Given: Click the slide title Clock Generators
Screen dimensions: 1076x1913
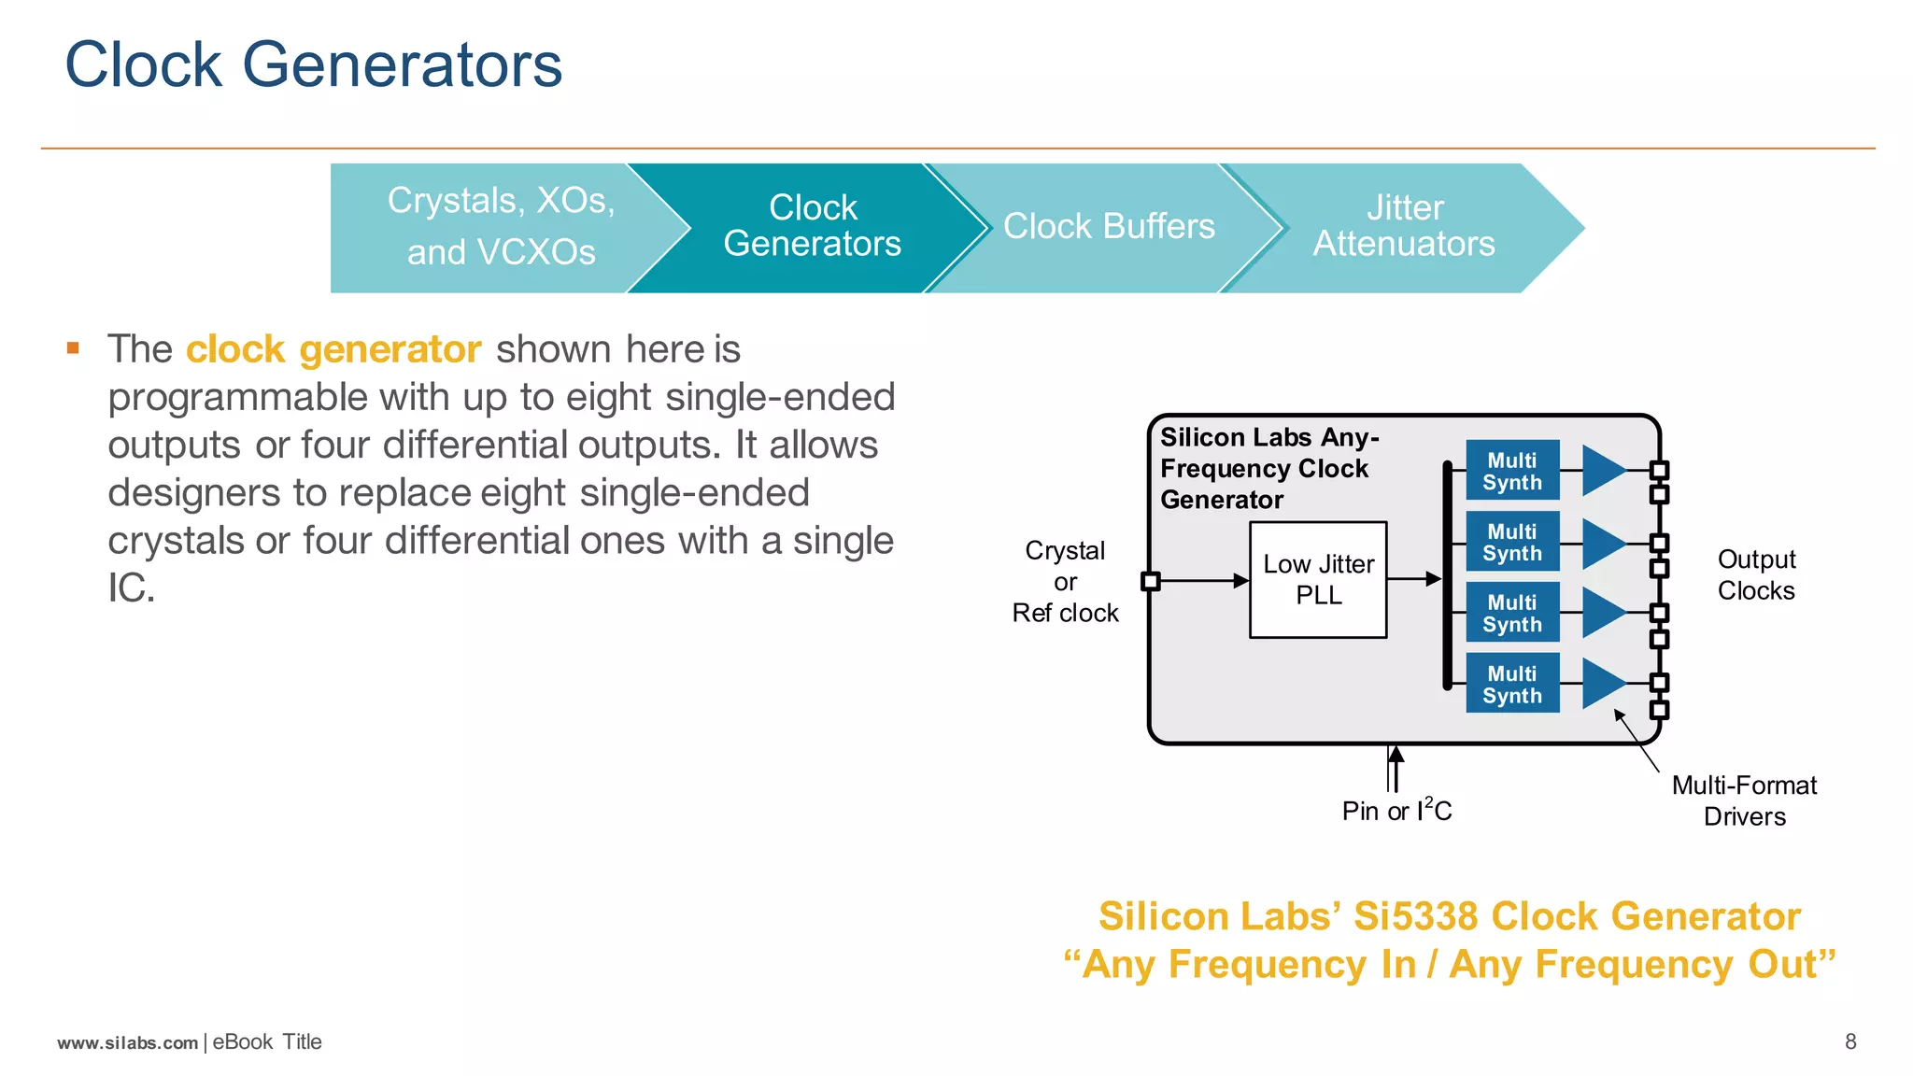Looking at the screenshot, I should pos(313,65).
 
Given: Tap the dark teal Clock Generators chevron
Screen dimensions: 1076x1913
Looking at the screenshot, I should pos(811,226).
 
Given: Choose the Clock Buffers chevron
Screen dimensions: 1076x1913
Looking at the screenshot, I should pos(1109,227).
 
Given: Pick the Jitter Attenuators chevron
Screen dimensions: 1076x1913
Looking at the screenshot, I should pos(1404,226).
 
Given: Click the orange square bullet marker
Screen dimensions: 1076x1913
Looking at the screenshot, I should pos(74,349).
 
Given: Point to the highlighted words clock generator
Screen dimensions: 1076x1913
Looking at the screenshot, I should pos(333,349).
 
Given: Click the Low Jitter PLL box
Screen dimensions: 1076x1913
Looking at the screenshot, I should pos(1318,580).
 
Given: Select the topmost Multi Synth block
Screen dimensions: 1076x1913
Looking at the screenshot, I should pos(1512,471).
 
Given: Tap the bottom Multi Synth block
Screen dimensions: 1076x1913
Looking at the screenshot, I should pos(1512,684).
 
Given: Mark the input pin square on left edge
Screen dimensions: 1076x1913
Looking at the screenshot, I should pos(1151,581).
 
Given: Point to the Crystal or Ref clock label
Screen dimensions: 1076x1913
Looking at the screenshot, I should pos(1065,581).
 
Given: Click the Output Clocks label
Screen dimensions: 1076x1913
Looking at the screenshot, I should pos(1756,574).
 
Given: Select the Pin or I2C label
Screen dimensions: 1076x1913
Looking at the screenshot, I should pos(1396,810).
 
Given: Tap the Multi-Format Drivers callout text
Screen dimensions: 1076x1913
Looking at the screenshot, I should pos(1744,800).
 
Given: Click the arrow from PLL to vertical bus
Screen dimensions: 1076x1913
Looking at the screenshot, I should pos(1414,580).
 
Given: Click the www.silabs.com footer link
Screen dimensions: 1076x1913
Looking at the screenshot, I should pos(128,1042).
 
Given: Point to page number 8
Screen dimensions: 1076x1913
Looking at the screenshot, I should pos(1850,1041).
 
